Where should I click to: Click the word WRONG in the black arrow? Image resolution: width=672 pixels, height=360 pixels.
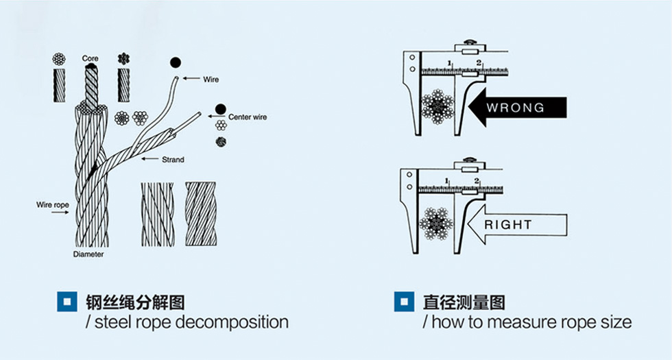[515, 108]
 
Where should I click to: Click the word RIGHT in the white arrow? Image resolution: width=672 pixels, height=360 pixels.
[508, 224]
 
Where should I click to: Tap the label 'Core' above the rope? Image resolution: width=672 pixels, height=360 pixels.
[90, 59]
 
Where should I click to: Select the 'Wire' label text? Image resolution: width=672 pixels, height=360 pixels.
[211, 80]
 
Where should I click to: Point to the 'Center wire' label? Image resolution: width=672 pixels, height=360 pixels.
[248, 117]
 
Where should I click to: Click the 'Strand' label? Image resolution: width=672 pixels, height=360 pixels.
[173, 160]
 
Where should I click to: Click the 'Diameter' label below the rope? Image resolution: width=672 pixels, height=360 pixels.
[88, 254]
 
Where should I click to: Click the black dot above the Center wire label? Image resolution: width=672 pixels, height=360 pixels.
[219, 108]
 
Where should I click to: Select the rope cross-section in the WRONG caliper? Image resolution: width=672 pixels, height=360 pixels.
[437, 106]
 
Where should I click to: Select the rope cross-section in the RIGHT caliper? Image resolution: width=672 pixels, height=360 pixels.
[437, 223]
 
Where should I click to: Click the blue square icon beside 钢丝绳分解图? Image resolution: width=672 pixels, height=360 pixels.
[67, 302]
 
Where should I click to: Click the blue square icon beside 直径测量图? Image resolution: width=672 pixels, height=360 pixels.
[404, 302]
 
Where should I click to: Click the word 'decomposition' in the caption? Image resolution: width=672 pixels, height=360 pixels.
[232, 322]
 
